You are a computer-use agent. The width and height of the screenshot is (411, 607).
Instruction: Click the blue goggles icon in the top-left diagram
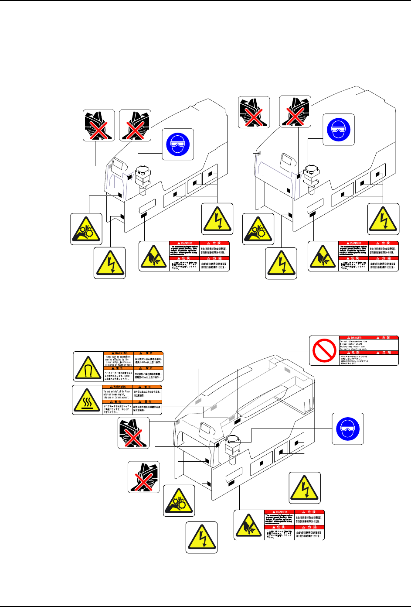pos(178,144)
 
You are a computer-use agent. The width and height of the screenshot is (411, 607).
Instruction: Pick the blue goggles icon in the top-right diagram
pos(339,130)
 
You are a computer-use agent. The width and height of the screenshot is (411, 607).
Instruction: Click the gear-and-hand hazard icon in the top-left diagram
pos(86,229)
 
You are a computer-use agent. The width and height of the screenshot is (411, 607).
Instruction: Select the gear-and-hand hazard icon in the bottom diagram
pos(179,500)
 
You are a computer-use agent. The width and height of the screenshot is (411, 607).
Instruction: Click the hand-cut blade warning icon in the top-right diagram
pos(323,256)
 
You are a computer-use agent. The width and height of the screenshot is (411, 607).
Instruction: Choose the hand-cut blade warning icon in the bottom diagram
pos(249,525)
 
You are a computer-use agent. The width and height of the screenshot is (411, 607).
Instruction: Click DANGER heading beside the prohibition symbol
pos(354,338)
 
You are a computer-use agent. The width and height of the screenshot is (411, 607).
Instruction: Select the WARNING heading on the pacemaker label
pos(119,353)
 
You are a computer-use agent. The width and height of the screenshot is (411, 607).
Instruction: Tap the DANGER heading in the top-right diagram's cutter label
pos(354,243)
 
